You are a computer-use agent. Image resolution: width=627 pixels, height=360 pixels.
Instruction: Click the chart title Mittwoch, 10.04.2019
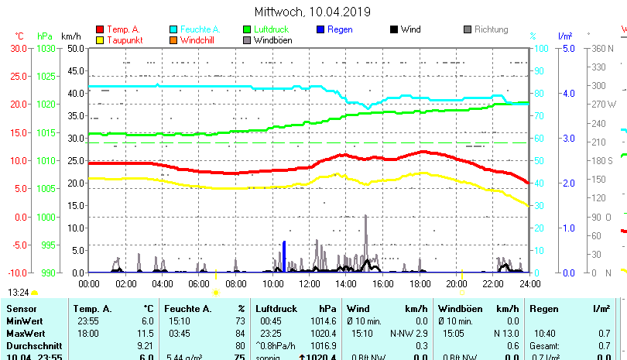coord(313,12)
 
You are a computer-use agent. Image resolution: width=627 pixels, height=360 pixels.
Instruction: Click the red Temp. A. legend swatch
coord(100,29)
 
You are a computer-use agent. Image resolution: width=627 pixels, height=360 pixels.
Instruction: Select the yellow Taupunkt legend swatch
coord(100,39)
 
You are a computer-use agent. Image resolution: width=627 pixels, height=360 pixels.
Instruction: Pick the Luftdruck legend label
coord(271,29)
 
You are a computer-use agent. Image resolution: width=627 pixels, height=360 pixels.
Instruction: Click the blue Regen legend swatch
coord(321,29)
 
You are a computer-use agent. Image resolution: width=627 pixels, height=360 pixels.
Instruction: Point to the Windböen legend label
coord(272,39)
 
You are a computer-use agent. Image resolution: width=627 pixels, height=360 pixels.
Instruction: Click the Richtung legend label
coord(492,29)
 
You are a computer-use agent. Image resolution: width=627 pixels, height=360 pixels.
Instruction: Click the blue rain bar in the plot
coord(284,255)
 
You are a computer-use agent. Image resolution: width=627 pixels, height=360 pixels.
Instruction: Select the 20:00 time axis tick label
coord(456,284)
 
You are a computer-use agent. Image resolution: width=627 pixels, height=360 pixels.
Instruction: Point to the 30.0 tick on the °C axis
coord(19,48)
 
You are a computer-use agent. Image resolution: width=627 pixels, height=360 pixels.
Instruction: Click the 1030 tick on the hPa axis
coord(46,48)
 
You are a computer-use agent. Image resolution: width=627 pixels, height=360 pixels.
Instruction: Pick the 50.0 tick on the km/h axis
coord(74,48)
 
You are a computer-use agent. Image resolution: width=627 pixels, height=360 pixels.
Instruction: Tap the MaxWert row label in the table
coord(25,334)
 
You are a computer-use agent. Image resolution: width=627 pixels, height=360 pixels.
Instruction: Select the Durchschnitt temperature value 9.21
coord(145,345)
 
